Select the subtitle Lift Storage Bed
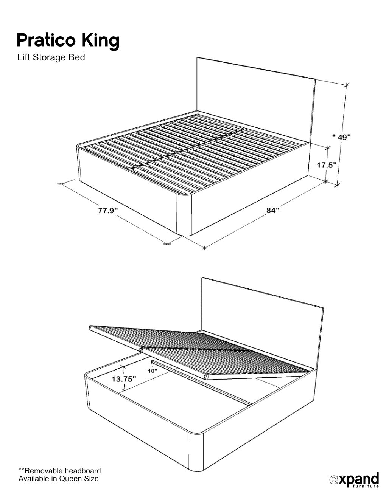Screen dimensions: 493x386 click(x=51, y=58)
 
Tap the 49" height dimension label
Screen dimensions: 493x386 click(x=344, y=137)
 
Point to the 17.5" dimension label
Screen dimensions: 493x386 click(x=327, y=165)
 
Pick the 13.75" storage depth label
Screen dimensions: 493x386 click(x=124, y=379)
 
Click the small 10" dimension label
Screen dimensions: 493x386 click(x=153, y=371)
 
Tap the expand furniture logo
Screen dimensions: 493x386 click(x=354, y=478)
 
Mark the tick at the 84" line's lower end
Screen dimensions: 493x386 click(x=204, y=248)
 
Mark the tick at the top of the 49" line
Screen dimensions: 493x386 click(x=346, y=85)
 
